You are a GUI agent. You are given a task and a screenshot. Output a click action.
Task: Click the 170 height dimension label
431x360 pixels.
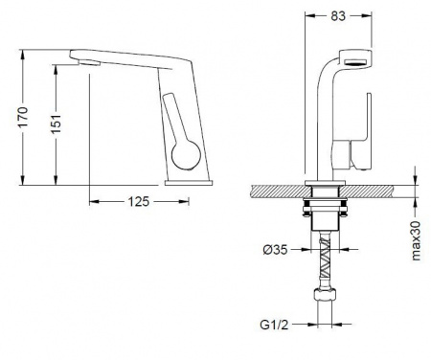[x=23, y=117]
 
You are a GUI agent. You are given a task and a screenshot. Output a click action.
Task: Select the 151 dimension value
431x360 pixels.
[x=57, y=124]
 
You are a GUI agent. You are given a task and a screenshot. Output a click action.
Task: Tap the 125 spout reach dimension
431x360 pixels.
[x=139, y=201]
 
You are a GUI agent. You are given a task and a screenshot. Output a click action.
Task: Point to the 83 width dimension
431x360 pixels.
[x=338, y=15]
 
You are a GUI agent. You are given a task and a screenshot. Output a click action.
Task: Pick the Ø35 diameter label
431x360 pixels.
[x=275, y=250]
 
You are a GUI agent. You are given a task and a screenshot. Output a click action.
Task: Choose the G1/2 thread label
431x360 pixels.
[x=274, y=325]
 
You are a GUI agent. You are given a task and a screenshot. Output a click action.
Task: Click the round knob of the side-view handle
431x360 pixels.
[x=186, y=155]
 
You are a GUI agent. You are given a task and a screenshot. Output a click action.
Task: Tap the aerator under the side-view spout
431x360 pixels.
[x=90, y=63]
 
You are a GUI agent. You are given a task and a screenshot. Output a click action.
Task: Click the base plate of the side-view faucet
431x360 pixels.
[x=189, y=183]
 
